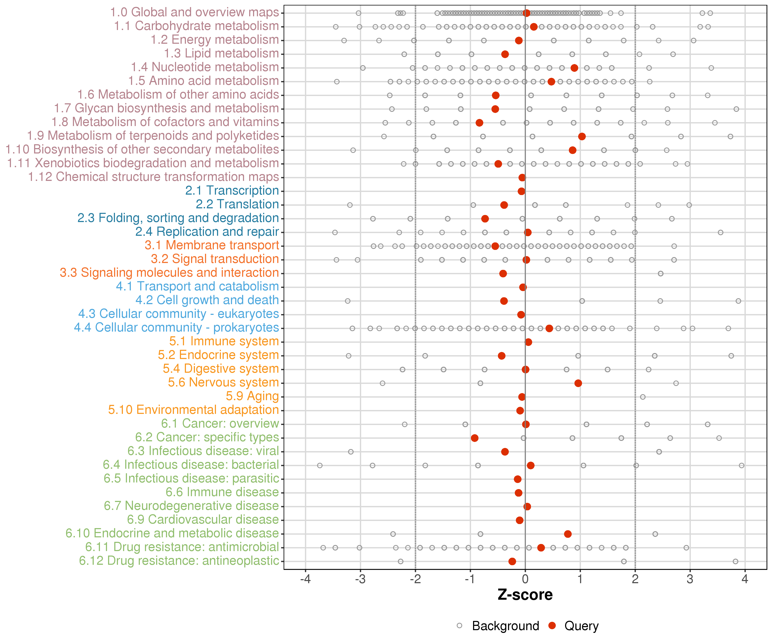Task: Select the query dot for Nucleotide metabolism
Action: (x=574, y=68)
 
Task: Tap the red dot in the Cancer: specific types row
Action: (x=475, y=438)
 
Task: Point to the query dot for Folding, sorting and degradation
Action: (x=485, y=219)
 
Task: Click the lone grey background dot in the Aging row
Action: (x=643, y=397)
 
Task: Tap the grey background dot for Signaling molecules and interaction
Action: (x=661, y=274)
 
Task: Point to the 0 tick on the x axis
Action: (x=525, y=579)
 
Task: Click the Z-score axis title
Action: (x=525, y=595)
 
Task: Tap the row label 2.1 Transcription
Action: (x=232, y=191)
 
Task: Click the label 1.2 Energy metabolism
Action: (x=215, y=40)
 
